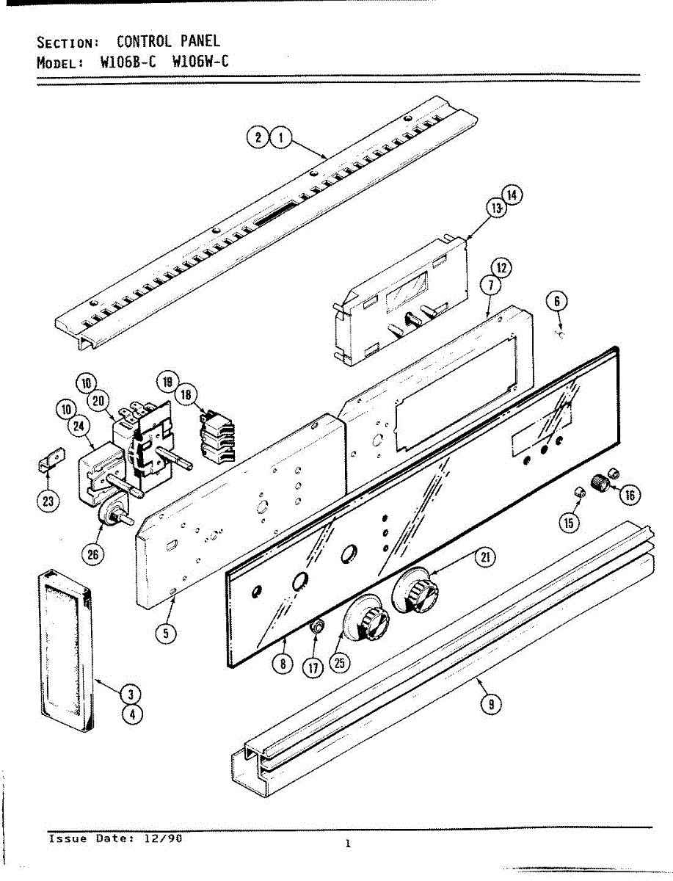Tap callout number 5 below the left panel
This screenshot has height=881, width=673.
170,633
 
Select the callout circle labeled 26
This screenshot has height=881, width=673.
92,555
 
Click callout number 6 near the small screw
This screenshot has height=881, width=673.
557,302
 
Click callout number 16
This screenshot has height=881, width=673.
630,496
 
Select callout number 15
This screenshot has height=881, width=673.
570,522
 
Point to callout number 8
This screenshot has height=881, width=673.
282,664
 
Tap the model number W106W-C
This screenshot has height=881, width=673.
200,62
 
